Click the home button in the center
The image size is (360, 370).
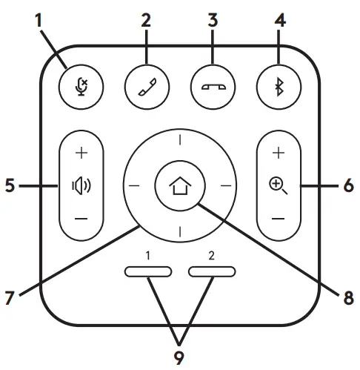click(179, 185)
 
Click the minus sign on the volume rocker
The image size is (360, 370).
click(81, 219)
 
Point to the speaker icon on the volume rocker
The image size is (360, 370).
click(81, 185)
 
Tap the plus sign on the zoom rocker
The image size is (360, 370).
click(279, 153)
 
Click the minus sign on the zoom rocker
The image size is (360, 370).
click(279, 219)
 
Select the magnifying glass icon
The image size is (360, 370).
click(279, 185)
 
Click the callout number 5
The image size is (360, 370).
click(9, 186)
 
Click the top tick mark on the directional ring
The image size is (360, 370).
click(179, 139)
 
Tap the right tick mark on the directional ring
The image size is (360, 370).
click(225, 185)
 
